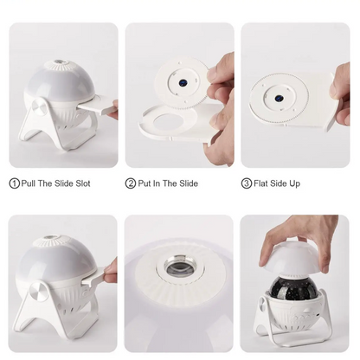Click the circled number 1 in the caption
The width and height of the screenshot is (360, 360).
[14, 183]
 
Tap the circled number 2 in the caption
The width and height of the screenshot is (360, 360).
[130, 183]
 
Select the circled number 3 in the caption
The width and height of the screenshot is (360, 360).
[246, 183]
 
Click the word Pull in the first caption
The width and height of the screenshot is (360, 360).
[28, 183]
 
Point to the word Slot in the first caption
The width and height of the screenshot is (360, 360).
[83, 183]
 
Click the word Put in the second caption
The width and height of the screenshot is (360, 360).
[145, 183]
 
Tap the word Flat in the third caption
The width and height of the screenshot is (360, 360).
[260, 183]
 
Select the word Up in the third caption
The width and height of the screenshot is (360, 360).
[295, 184]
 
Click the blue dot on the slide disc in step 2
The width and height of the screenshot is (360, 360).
[183, 83]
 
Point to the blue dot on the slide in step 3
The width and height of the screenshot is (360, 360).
[279, 98]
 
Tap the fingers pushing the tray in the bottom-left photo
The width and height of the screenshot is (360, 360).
[112, 272]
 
